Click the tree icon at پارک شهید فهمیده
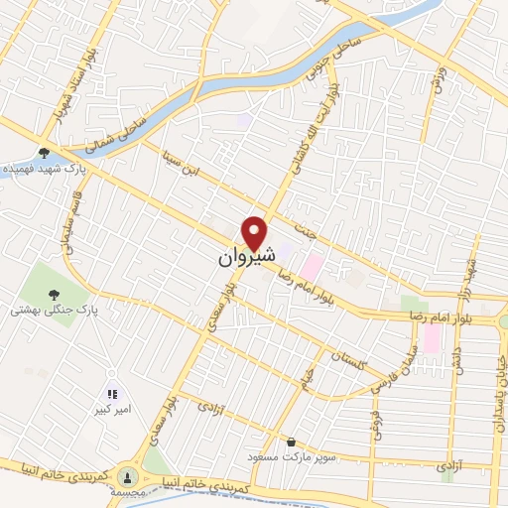(x=44, y=153)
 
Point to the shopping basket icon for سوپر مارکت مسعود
(x=291, y=443)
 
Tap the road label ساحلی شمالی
(x=117, y=137)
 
